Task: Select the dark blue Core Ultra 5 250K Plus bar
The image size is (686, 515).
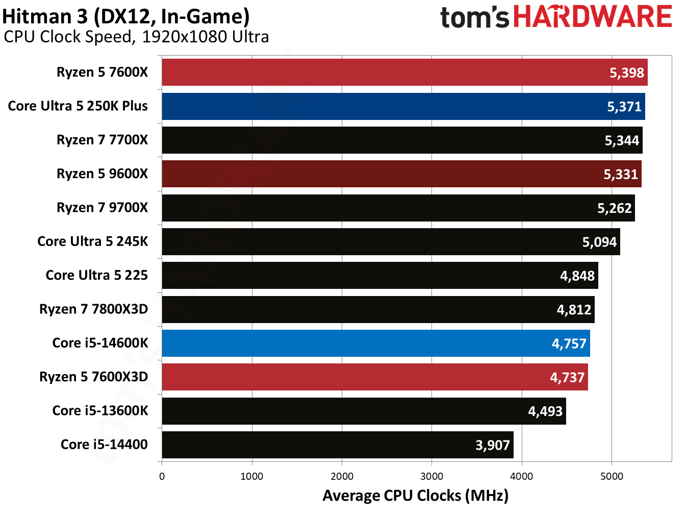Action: [403, 106]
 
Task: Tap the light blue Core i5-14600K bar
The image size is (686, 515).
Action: [375, 343]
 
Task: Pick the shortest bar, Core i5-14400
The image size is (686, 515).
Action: [337, 445]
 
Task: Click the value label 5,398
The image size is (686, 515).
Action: [626, 72]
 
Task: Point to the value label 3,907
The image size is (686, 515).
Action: [492, 445]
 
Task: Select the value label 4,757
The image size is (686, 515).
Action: [569, 344]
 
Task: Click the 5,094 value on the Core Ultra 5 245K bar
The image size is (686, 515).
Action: [599, 242]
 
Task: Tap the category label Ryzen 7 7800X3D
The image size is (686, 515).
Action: [93, 309]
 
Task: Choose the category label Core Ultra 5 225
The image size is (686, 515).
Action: [96, 275]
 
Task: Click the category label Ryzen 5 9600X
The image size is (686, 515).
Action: [102, 174]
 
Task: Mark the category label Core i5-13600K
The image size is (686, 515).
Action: [100, 410]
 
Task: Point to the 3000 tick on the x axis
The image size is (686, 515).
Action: [431, 476]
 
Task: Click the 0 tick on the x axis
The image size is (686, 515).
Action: [162, 476]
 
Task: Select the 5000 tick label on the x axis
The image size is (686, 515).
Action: [612, 476]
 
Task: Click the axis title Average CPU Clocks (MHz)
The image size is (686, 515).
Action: [415, 496]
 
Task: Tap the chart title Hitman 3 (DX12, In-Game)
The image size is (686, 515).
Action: [126, 16]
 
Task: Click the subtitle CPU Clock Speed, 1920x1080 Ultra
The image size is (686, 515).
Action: [136, 37]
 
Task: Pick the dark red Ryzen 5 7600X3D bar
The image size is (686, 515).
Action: [374, 377]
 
